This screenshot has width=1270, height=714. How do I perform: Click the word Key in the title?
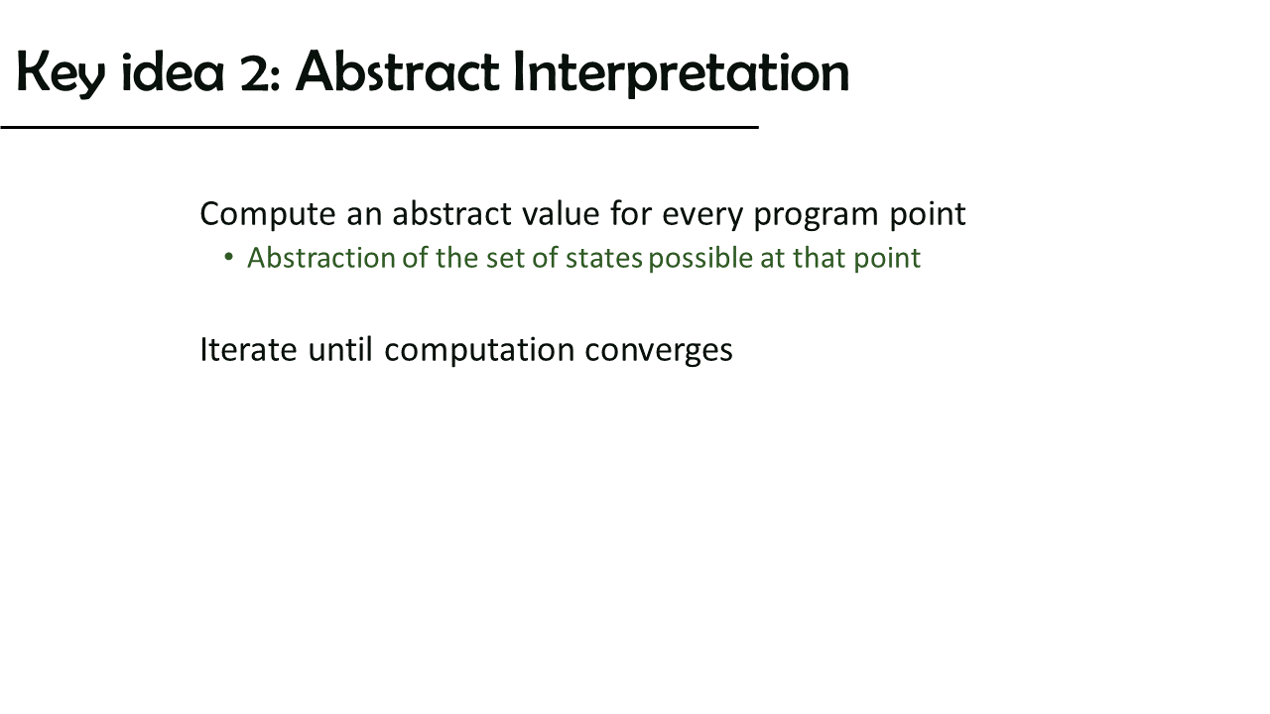pyautogui.click(x=61, y=73)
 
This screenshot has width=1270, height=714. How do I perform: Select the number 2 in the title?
pyautogui.click(x=255, y=72)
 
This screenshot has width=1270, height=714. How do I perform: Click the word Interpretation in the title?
pyautogui.click(x=681, y=73)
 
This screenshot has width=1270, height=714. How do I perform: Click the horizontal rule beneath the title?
pyautogui.click(x=379, y=128)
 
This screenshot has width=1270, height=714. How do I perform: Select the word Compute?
pyautogui.click(x=268, y=215)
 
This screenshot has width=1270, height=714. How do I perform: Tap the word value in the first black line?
pyautogui.click(x=561, y=214)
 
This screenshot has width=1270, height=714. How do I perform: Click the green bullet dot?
pyautogui.click(x=229, y=257)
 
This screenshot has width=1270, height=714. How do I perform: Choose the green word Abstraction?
pyautogui.click(x=321, y=258)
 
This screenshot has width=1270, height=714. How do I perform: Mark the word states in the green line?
pyautogui.click(x=604, y=259)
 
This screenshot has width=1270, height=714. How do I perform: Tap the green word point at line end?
pyautogui.click(x=887, y=260)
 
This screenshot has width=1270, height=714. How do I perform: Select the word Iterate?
pyautogui.click(x=248, y=350)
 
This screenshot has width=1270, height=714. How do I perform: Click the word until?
pyautogui.click(x=340, y=349)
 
